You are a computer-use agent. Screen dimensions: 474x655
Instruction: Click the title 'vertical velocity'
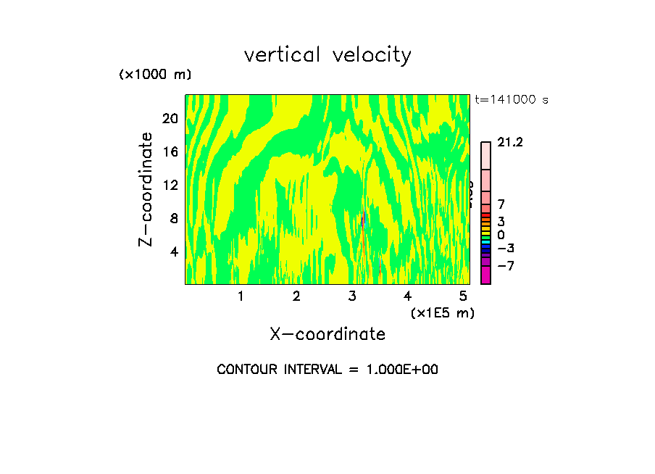pyautogui.click(x=327, y=55)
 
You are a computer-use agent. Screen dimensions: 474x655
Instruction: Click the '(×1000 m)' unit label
pyautogui.click(x=154, y=75)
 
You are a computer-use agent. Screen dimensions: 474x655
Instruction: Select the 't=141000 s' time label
pyautogui.click(x=511, y=100)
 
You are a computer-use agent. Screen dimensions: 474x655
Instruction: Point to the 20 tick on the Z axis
pyautogui.click(x=170, y=118)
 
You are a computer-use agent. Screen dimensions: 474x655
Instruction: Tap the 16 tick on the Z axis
pyautogui.click(x=170, y=151)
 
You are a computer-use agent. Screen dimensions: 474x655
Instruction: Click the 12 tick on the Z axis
pyautogui.click(x=170, y=185)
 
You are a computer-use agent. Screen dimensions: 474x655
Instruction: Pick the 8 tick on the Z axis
pyautogui.click(x=173, y=218)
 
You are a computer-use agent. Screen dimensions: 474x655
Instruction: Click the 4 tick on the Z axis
pyautogui.click(x=173, y=252)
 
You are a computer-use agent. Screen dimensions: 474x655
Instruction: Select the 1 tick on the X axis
pyautogui.click(x=241, y=296)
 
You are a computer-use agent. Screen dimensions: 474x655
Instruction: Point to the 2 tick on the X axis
pyautogui.click(x=296, y=296)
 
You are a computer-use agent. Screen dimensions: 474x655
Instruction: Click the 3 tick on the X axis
pyautogui.click(x=352, y=296)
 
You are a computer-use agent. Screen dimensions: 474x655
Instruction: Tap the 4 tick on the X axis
pyautogui.click(x=407, y=296)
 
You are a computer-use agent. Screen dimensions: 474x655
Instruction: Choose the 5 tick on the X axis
pyautogui.click(x=463, y=296)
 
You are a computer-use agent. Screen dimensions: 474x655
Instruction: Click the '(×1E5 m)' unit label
pyautogui.click(x=442, y=312)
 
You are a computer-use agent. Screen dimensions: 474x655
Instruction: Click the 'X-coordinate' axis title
pyautogui.click(x=327, y=334)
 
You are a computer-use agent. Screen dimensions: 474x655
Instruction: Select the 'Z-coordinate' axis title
pyautogui.click(x=146, y=189)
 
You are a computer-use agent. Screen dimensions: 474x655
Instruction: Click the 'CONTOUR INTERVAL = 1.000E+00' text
pyautogui.click(x=327, y=370)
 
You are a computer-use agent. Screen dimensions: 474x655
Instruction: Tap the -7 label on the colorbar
pyautogui.click(x=505, y=266)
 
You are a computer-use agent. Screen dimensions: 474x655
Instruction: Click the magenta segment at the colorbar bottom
pyautogui.click(x=485, y=275)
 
